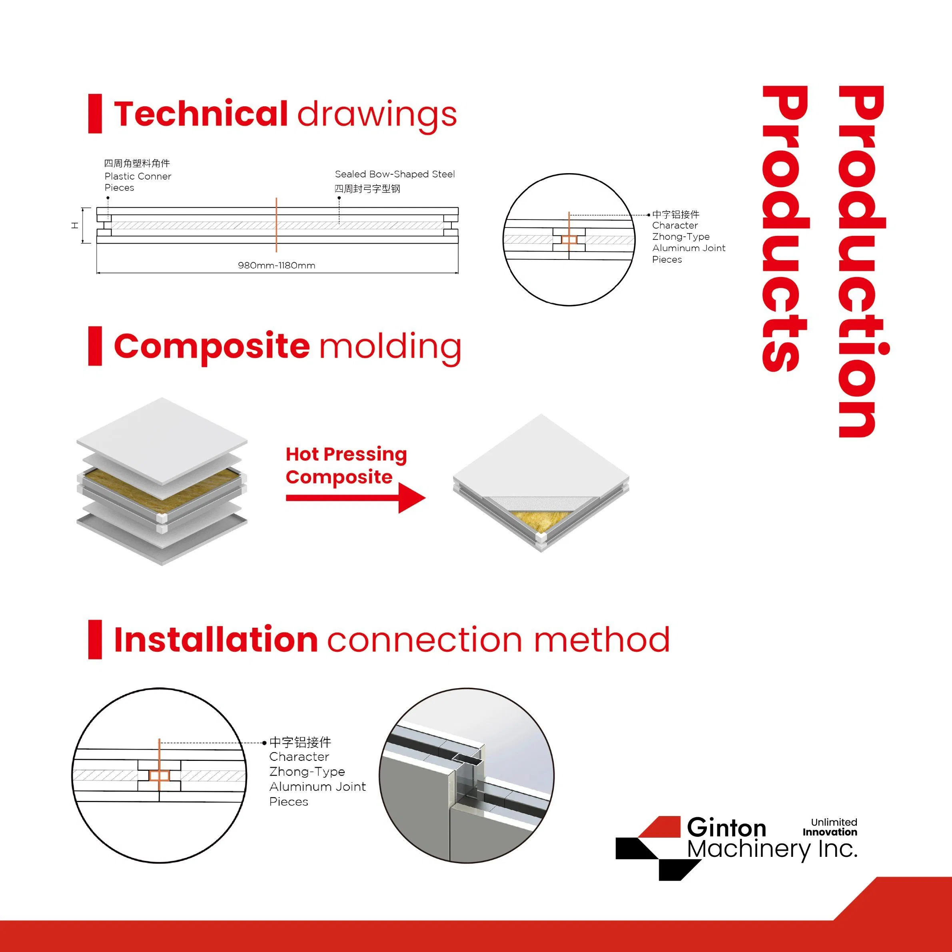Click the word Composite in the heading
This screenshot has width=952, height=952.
tap(212, 346)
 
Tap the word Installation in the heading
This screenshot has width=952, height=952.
tap(216, 640)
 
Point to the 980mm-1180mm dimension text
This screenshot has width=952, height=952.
tap(276, 265)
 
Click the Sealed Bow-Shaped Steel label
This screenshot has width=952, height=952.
tap(395, 174)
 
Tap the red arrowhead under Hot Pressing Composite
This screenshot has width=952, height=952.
tap(411, 498)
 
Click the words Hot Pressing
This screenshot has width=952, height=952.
tap(346, 454)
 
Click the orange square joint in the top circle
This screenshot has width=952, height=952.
tap(569, 240)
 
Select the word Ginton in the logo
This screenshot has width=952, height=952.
tap(726, 827)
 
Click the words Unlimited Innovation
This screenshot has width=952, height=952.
tap(830, 827)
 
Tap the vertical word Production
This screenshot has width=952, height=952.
tap(862, 261)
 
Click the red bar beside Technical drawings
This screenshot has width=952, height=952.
tap(95, 114)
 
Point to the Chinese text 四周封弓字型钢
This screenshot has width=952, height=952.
tap(367, 189)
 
